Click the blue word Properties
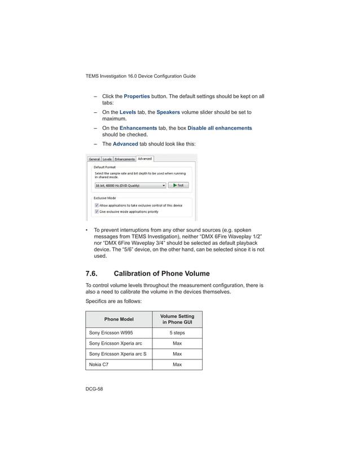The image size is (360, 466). pyautogui.click(x=137, y=96)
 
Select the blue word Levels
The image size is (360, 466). pyautogui.click(x=128, y=112)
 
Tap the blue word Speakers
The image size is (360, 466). pyautogui.click(x=168, y=112)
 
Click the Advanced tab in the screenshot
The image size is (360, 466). pyautogui.click(x=145, y=159)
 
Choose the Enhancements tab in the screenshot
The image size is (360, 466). pyautogui.click(x=125, y=159)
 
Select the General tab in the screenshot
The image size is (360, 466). pyautogui.click(x=94, y=159)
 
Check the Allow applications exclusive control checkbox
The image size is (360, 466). pyautogui.click(x=96, y=205)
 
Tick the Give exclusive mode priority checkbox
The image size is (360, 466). pyautogui.click(x=96, y=212)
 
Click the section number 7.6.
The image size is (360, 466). pyautogui.click(x=91, y=274)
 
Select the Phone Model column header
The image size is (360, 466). pyautogui.click(x=118, y=320)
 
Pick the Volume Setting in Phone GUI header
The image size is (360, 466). pyautogui.click(x=177, y=320)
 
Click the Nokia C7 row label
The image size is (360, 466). pyautogui.click(x=99, y=364)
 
